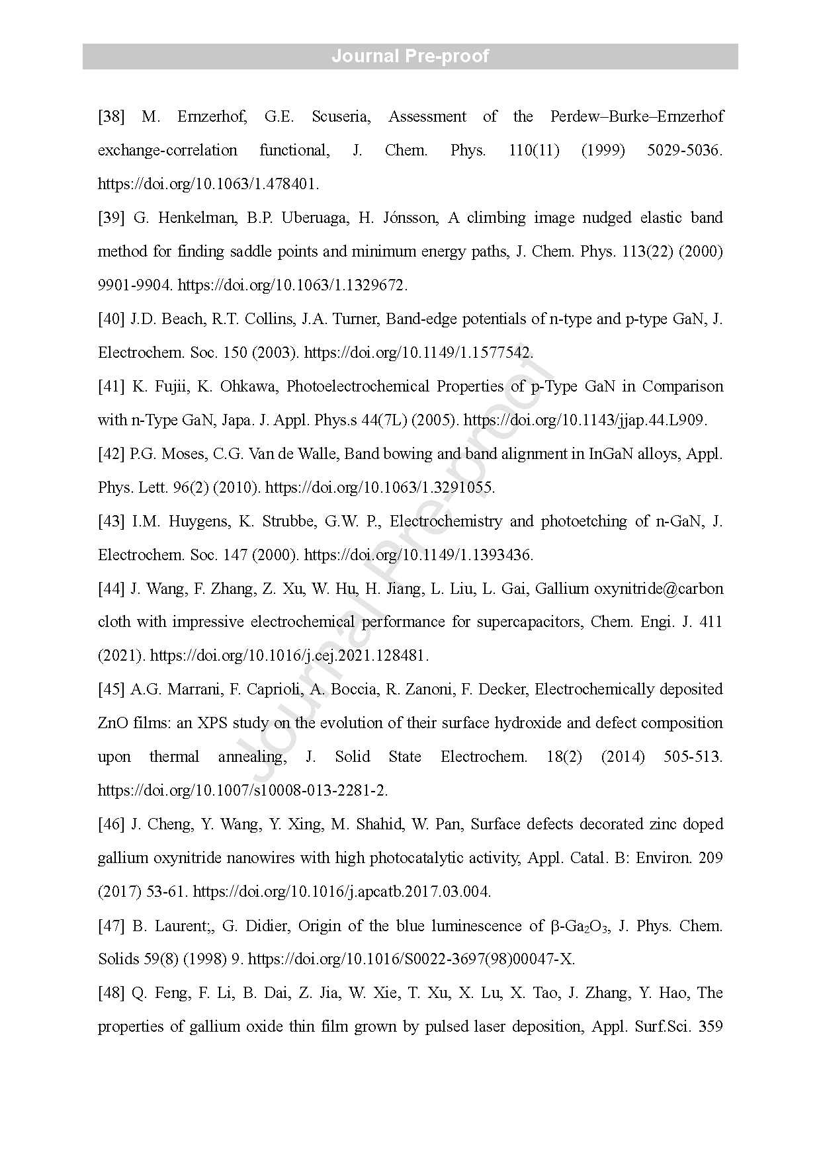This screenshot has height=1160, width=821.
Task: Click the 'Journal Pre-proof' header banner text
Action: coord(410,56)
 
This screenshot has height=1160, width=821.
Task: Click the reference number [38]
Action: coord(111,117)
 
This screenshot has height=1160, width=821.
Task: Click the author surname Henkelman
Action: coord(196,218)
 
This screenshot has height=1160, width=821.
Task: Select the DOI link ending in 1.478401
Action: coord(208,185)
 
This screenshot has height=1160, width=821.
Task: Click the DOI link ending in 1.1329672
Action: coord(292,286)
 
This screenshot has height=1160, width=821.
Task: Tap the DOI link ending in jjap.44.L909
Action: coord(585,421)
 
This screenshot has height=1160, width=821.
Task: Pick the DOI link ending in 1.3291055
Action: coord(379,488)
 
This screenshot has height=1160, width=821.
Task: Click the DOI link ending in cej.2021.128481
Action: coord(289,656)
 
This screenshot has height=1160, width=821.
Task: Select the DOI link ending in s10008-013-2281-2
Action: coord(242,791)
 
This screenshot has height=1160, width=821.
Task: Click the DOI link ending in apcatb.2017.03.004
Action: coord(341,892)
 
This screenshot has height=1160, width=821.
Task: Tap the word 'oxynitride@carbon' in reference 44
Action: coord(658,589)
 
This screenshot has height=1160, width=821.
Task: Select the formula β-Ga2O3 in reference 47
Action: coord(580,927)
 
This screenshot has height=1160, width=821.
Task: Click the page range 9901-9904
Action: coord(135,286)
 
